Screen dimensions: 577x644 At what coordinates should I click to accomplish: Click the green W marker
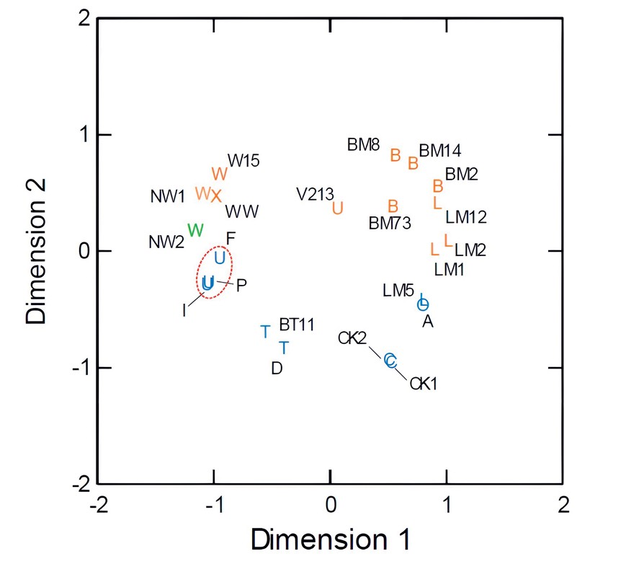(195, 230)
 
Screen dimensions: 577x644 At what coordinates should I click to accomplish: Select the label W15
(243, 160)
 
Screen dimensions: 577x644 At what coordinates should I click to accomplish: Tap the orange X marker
(216, 196)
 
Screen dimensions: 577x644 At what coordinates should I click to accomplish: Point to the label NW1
(168, 196)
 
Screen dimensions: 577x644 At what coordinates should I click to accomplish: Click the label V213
(315, 194)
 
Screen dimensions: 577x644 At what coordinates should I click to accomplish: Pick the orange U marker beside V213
(337, 208)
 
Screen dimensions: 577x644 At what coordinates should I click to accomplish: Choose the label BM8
(363, 145)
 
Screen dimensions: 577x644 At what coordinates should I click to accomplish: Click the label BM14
(440, 151)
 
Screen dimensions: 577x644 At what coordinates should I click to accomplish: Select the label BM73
(390, 223)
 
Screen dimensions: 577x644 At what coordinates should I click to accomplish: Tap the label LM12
(466, 216)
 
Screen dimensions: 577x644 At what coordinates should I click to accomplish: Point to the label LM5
(398, 291)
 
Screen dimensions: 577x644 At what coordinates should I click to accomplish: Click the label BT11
(297, 325)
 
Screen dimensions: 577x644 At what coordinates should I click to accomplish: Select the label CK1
(424, 384)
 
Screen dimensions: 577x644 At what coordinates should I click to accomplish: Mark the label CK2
(352, 338)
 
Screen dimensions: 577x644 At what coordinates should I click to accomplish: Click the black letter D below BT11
(277, 369)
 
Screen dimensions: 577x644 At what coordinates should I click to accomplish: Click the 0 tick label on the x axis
(330, 502)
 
